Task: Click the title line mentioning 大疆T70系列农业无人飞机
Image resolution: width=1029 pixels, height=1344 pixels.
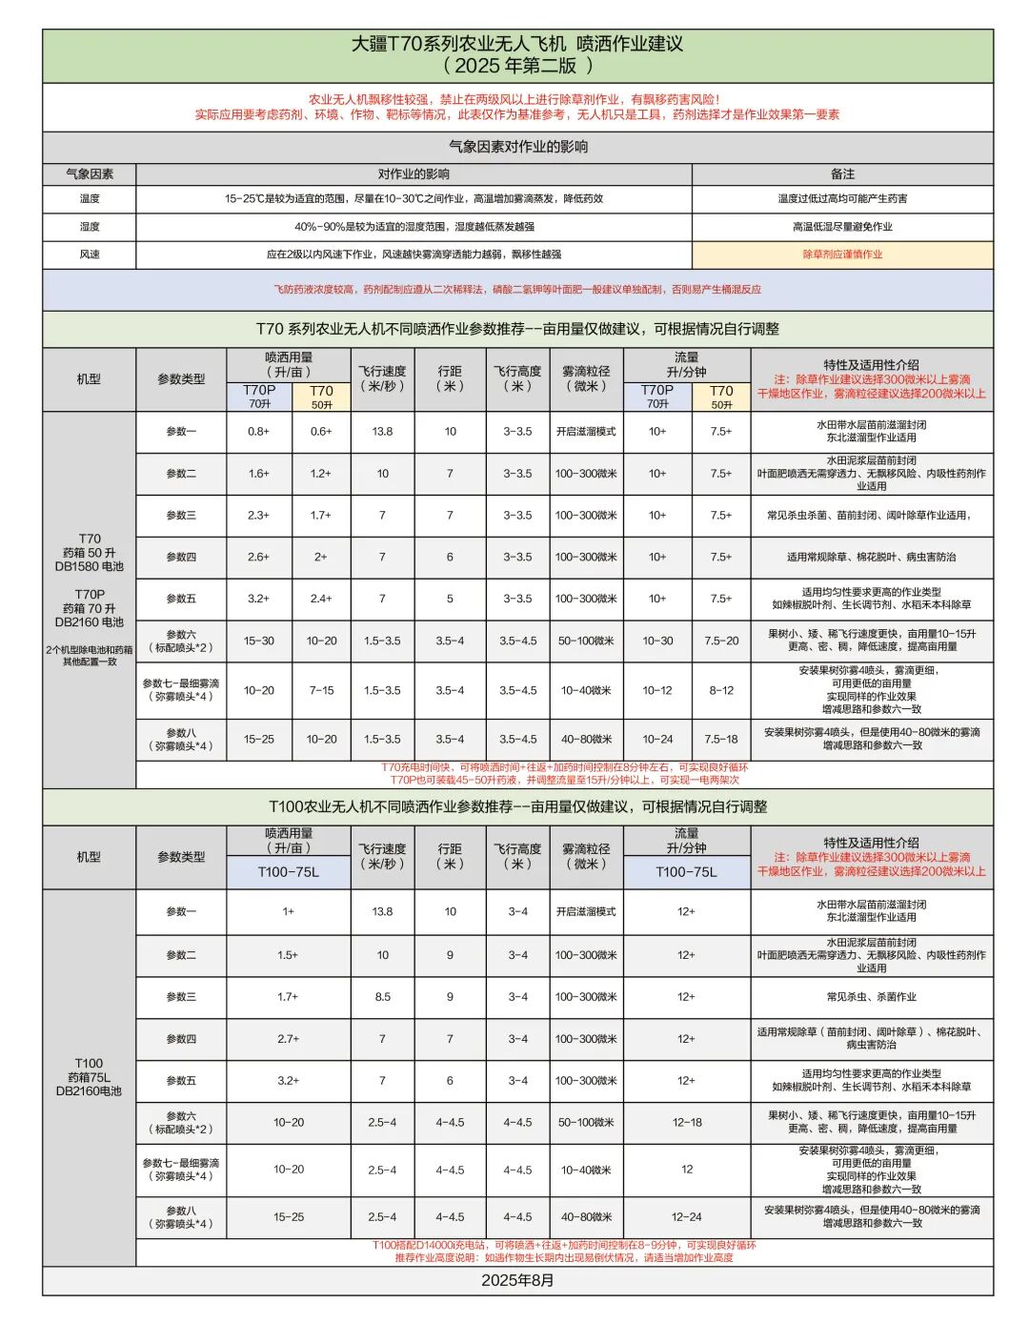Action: point(516,44)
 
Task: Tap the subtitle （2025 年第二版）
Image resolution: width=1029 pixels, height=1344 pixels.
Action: point(516,66)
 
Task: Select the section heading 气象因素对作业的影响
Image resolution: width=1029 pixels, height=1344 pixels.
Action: point(517,147)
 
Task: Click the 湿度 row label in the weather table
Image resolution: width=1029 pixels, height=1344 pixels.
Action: point(90,227)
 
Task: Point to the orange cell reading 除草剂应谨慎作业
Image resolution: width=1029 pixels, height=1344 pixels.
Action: point(842,255)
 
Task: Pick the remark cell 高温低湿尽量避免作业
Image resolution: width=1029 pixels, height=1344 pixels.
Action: point(842,227)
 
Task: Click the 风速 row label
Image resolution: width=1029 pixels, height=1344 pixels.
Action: point(90,255)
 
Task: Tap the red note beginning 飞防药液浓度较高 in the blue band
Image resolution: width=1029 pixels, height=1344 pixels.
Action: point(517,290)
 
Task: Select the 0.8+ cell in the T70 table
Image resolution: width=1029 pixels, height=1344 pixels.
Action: point(258,432)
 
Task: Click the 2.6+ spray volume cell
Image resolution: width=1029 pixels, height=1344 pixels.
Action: point(258,558)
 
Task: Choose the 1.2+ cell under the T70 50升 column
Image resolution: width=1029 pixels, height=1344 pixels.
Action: point(321,474)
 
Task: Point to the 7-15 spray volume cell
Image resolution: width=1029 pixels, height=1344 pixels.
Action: point(321,690)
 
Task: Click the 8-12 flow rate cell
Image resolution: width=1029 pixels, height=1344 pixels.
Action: point(721,690)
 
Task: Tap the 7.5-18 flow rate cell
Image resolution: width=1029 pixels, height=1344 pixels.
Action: point(721,740)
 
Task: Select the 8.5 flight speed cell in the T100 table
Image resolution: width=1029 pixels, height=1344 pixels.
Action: point(382,997)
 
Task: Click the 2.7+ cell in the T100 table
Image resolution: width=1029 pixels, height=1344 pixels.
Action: point(288,1039)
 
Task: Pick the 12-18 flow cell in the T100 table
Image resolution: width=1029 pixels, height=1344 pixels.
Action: point(686,1123)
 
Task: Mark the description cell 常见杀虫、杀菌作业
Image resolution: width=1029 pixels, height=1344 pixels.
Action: point(871,997)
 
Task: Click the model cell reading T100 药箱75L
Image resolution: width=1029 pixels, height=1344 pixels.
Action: point(89,1077)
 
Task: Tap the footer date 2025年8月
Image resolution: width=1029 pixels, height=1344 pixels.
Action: point(517,1280)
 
